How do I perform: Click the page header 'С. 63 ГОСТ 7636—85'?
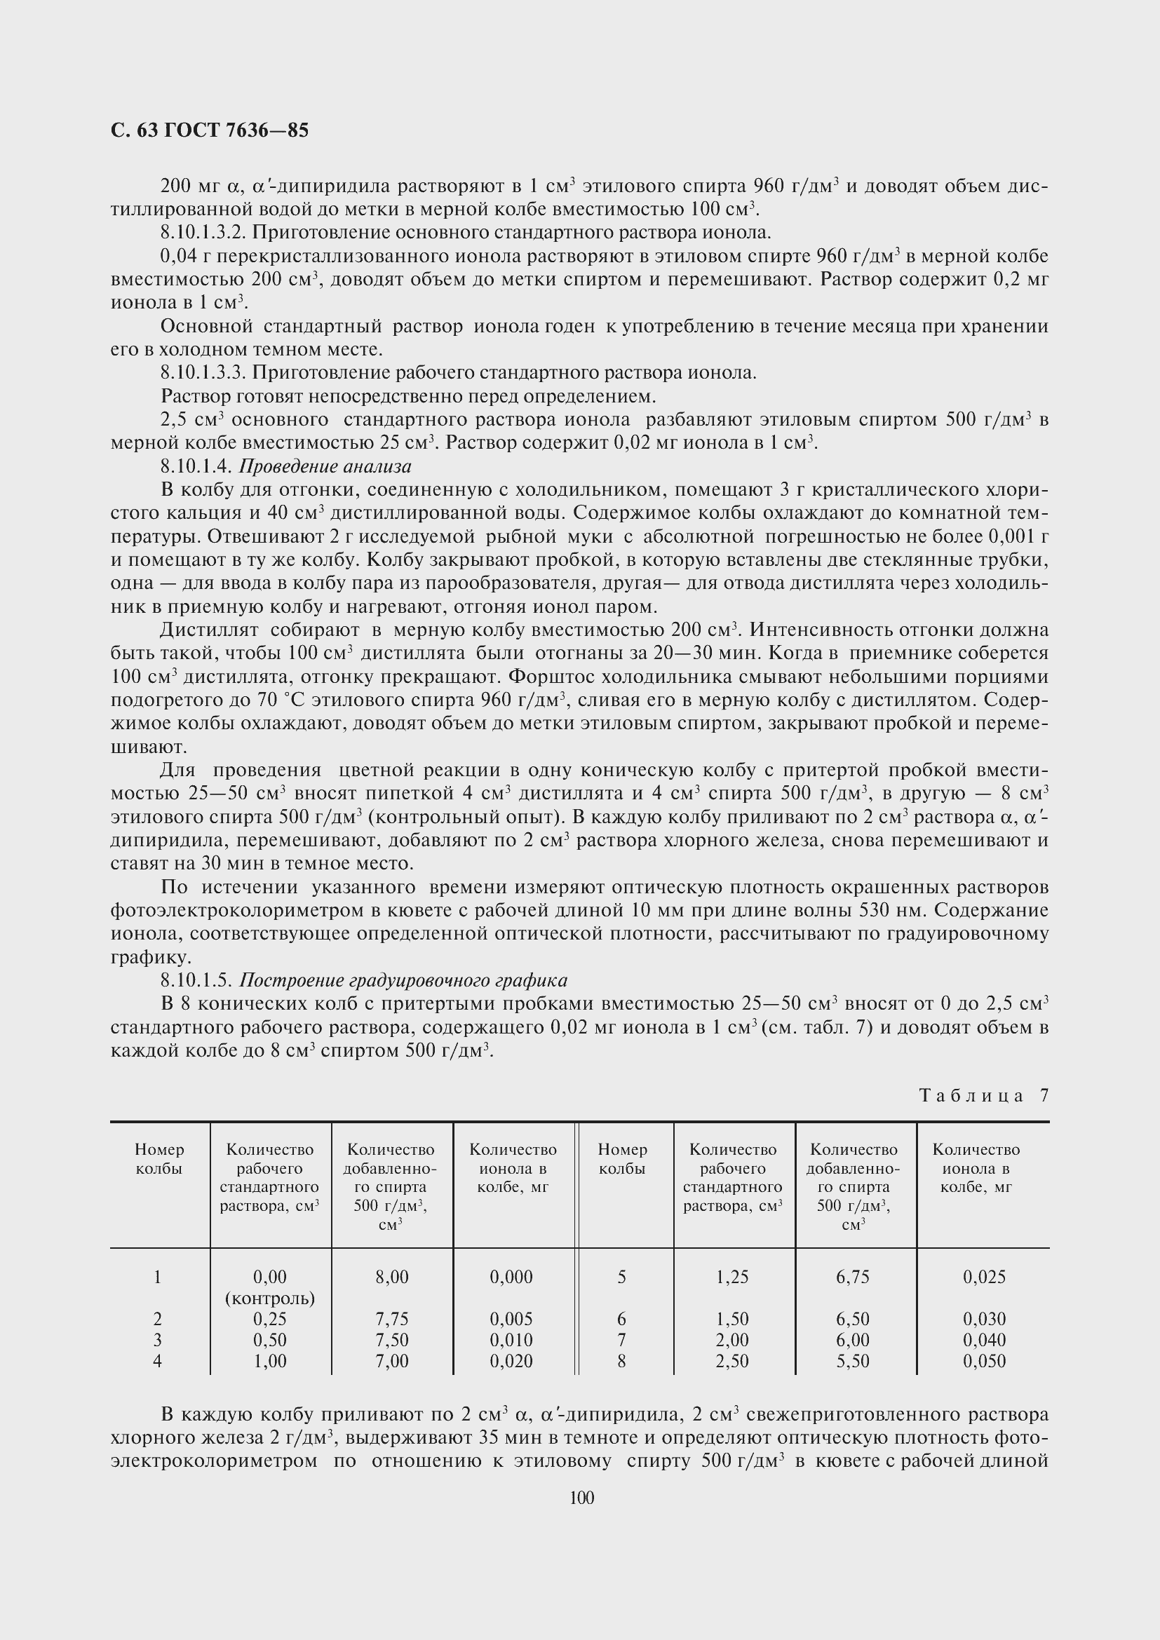tap(210, 130)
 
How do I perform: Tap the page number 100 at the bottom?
tap(582, 1497)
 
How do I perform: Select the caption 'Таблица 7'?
tap(983, 1095)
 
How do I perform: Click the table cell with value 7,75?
tap(392, 1319)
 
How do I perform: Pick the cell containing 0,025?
tap(983, 1276)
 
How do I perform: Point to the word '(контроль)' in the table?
tap(270, 1298)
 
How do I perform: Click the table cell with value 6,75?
tap(853, 1276)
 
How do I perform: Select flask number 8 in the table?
tap(621, 1361)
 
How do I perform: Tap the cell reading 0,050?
tap(983, 1361)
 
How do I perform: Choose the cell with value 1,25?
tap(732, 1276)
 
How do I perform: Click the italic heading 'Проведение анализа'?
tap(325, 466)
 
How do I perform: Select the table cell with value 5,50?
tap(853, 1361)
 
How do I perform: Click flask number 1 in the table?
tap(157, 1276)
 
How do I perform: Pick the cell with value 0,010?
tap(511, 1340)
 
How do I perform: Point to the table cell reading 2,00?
tap(732, 1340)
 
